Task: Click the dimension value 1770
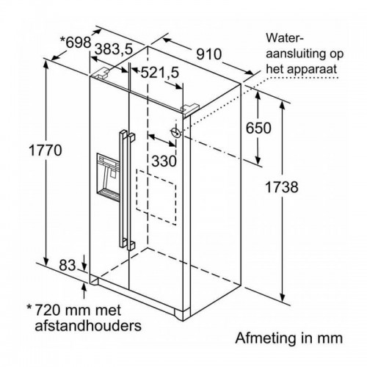[46, 150]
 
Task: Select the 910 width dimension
[209, 54]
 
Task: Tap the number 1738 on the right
[282, 187]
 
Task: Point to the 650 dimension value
[258, 128]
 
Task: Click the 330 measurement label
[164, 161]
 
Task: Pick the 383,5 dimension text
[114, 48]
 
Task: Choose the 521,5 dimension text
[160, 73]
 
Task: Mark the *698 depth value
[76, 43]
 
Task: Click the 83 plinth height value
[68, 265]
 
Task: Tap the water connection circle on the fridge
[175, 133]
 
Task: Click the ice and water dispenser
[109, 177]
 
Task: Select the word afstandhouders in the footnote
[88, 325]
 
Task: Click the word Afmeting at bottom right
[265, 338]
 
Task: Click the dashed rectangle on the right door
[156, 197]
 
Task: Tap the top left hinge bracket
[101, 73]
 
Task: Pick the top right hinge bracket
[189, 109]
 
